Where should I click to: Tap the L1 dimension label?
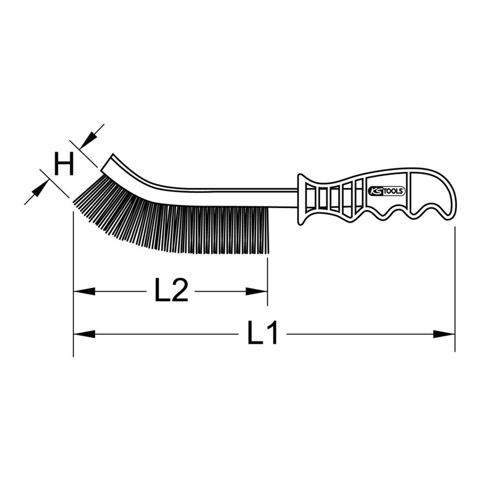[x=263, y=333]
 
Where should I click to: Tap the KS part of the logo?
[x=374, y=191]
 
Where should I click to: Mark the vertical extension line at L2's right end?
[x=268, y=277]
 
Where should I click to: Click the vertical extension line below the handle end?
[x=455, y=289]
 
